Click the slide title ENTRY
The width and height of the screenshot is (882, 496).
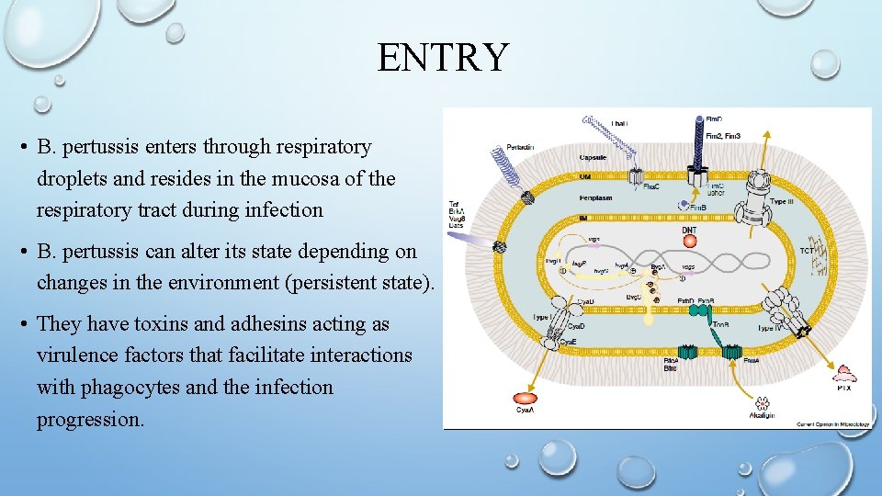pos(442,57)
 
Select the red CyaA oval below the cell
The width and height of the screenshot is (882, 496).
pos(525,400)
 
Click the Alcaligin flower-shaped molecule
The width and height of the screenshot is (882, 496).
pos(762,402)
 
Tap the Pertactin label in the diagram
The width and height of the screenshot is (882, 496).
pos(519,147)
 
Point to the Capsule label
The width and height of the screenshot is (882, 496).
pos(593,157)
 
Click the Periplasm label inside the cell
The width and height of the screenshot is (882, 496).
pos(595,196)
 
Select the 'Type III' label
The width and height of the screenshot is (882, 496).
pos(781,200)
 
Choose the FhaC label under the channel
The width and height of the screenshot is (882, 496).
pos(650,186)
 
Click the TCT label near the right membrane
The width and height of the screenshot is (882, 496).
pos(808,248)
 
